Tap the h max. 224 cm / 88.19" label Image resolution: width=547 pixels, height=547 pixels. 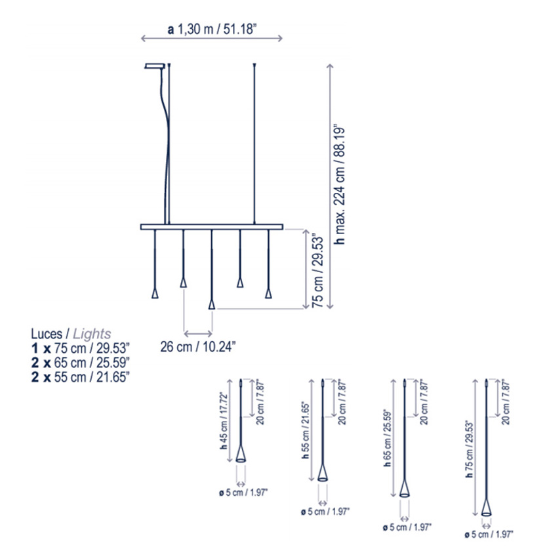click(x=339, y=185)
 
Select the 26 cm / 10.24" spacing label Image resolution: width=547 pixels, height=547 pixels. click(x=198, y=347)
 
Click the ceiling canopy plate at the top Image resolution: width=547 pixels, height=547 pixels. click(x=155, y=66)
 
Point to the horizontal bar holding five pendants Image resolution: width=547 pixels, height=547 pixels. click(x=211, y=227)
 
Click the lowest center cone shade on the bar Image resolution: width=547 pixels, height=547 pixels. click(x=211, y=304)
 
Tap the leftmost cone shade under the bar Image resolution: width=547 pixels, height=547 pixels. click(x=155, y=293)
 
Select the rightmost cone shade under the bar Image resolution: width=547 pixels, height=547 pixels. click(x=268, y=293)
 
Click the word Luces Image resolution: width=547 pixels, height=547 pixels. click(x=47, y=334)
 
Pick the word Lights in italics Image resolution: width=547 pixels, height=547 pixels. click(x=92, y=334)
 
